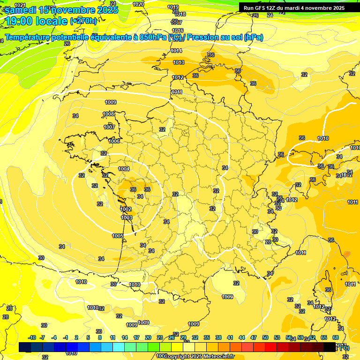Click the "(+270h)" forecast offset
click(84, 21)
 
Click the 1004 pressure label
click(124, 169)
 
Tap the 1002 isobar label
click(126, 209)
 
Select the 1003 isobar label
click(127, 217)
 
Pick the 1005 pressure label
click(118, 236)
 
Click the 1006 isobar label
click(114, 141)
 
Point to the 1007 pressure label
click(109, 127)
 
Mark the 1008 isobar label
click(109, 114)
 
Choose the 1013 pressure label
click(178, 62)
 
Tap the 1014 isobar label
click(176, 51)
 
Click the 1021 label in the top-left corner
click(20, 5)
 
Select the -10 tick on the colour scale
click(32, 337)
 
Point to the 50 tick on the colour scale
click(265, 337)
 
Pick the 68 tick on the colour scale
click(336, 337)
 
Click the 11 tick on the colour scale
click(112, 337)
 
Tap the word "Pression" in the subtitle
click(203, 37)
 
